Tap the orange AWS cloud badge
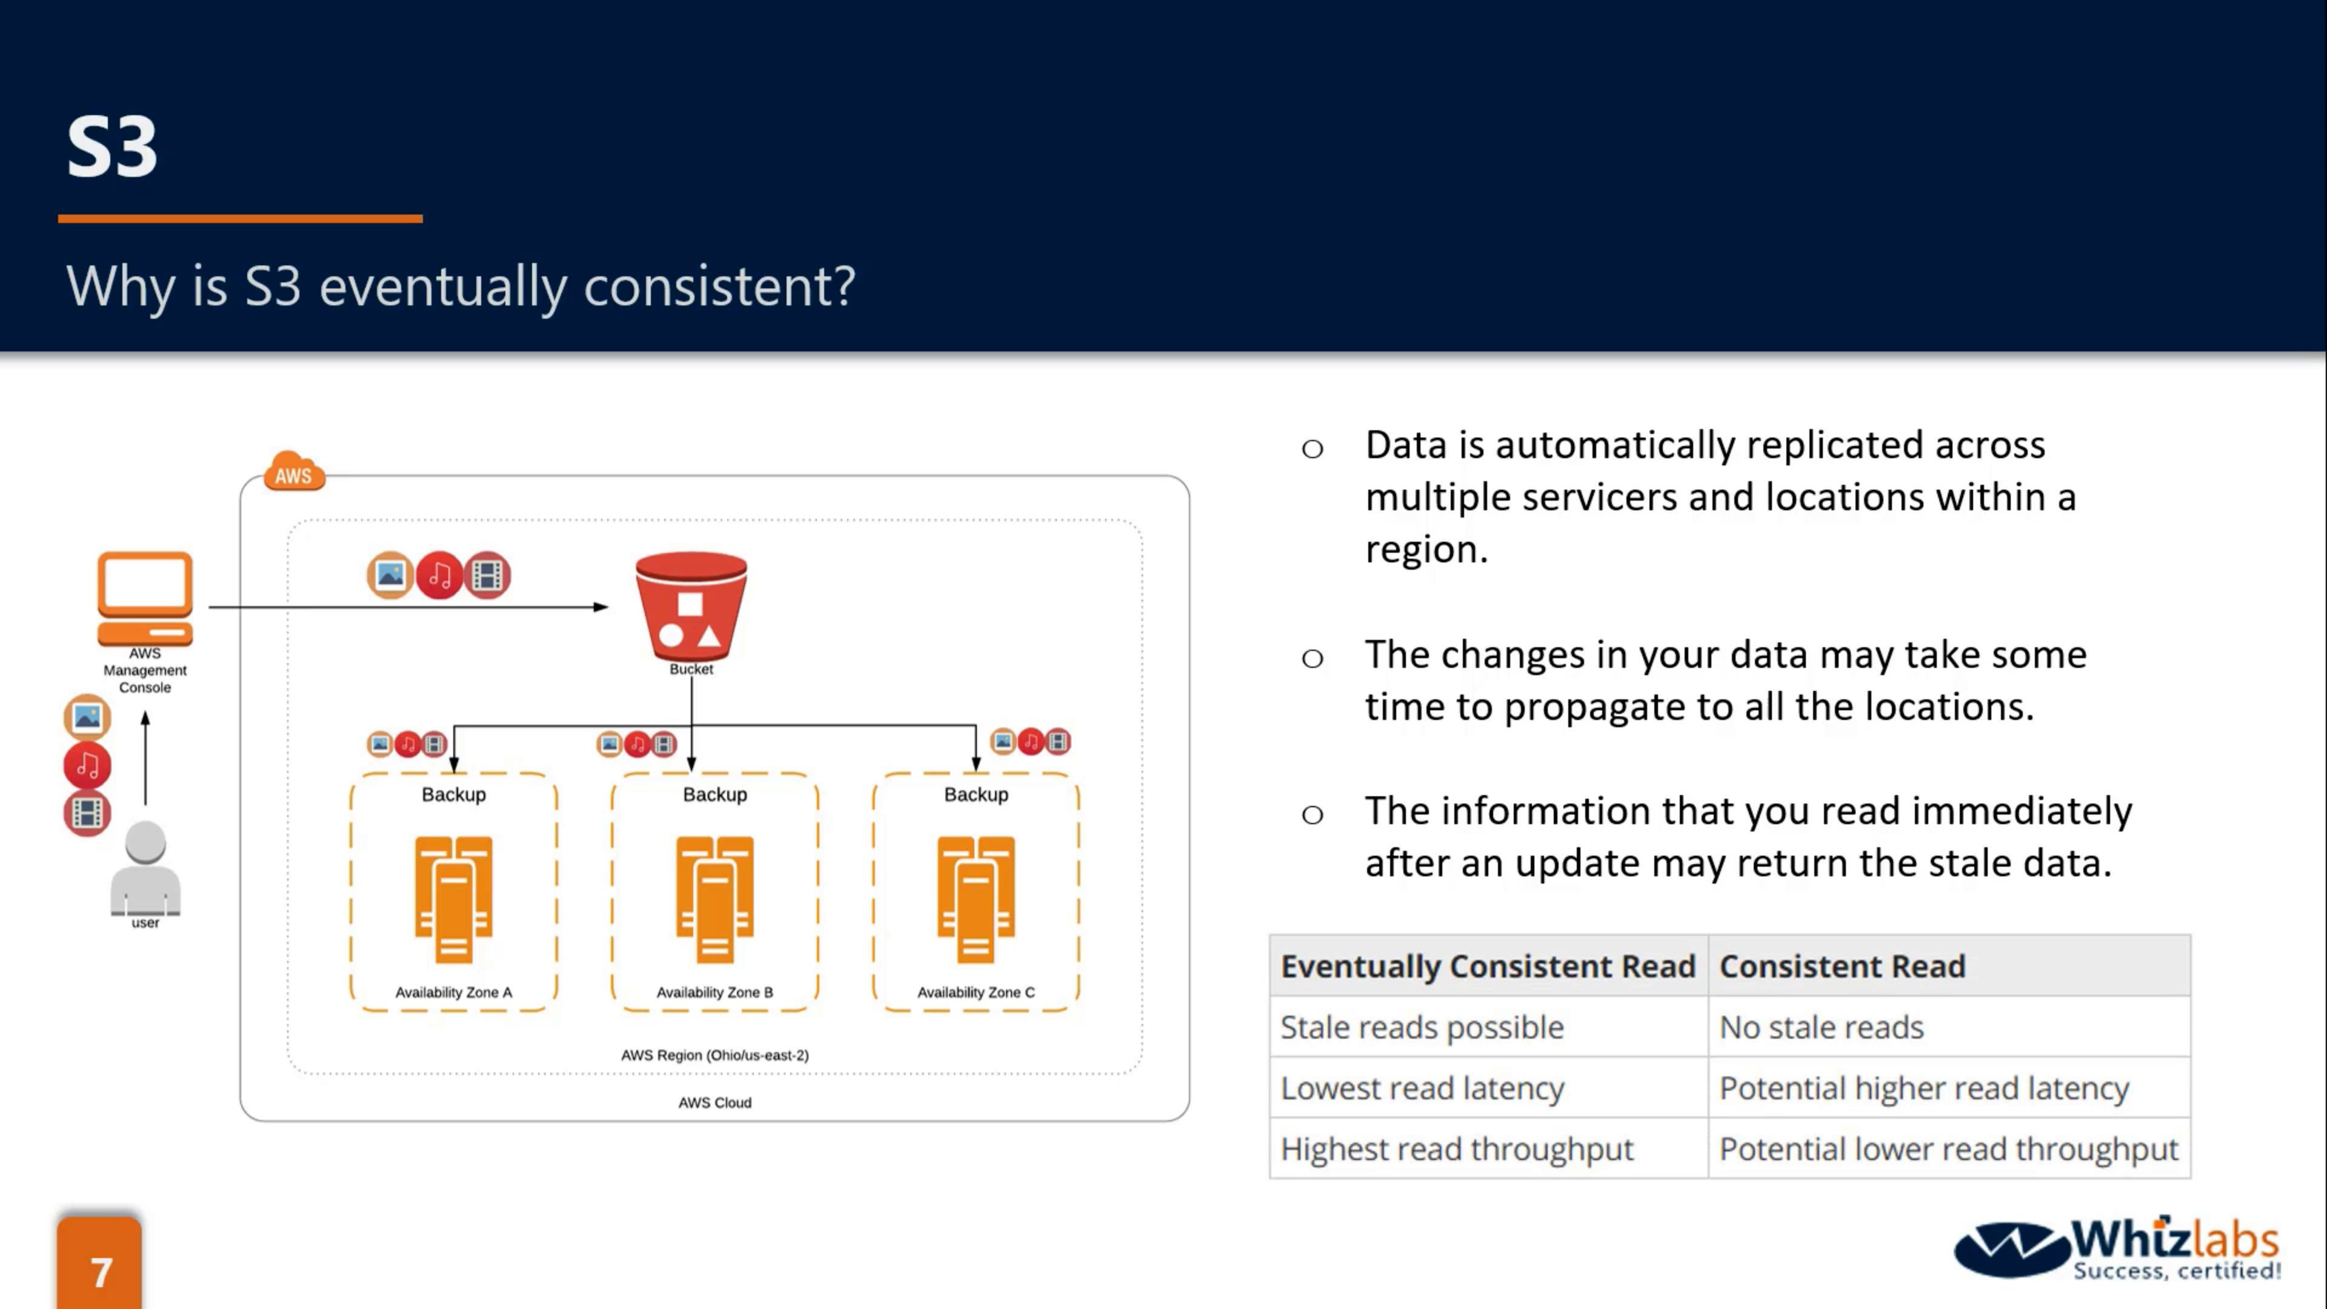(x=293, y=471)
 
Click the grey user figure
(x=145, y=868)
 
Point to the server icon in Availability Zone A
(x=453, y=899)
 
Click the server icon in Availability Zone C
(x=976, y=899)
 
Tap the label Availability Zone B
(x=714, y=992)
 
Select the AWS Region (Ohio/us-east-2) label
(x=714, y=1054)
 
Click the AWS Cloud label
(x=714, y=1102)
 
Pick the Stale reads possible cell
(x=1422, y=1027)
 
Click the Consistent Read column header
(x=1842, y=967)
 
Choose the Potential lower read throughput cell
(x=1948, y=1149)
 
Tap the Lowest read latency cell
(x=1422, y=1088)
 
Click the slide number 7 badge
(x=100, y=1269)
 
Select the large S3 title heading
(x=112, y=147)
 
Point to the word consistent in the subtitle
(x=718, y=287)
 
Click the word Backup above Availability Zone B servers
(x=714, y=794)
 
